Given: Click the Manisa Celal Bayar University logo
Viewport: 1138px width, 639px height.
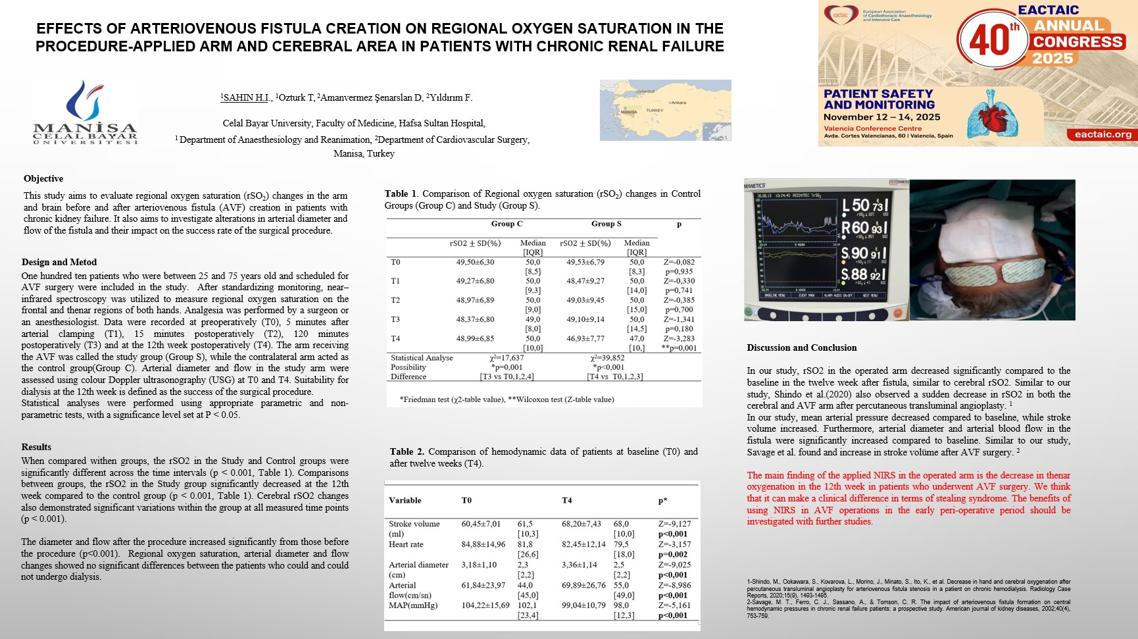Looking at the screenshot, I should [86, 112].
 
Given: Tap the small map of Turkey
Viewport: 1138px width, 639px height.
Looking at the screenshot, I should [665, 110].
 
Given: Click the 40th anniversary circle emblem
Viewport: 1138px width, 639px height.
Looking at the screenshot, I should [991, 39].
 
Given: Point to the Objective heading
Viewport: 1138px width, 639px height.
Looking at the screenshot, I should [43, 179].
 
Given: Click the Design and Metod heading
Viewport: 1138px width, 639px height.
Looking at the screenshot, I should [59, 262].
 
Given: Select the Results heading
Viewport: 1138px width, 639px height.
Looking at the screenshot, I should [36, 447].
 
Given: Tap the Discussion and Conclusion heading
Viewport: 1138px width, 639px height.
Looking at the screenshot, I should [802, 347].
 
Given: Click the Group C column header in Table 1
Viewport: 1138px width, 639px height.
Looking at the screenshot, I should [507, 224].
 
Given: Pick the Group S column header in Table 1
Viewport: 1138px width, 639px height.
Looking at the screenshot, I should [606, 224].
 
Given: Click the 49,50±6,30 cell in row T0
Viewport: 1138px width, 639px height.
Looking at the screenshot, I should [475, 262].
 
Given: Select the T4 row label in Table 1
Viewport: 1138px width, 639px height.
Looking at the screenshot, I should [395, 338].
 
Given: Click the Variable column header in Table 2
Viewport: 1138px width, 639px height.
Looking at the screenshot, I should [405, 500].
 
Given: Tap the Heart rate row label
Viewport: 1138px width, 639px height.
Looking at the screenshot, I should [406, 544].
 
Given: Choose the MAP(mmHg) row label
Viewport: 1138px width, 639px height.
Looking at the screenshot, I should [413, 605].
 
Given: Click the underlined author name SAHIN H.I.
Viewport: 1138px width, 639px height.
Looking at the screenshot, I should [247, 97].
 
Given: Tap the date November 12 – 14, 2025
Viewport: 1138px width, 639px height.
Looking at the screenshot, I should [881, 117].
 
